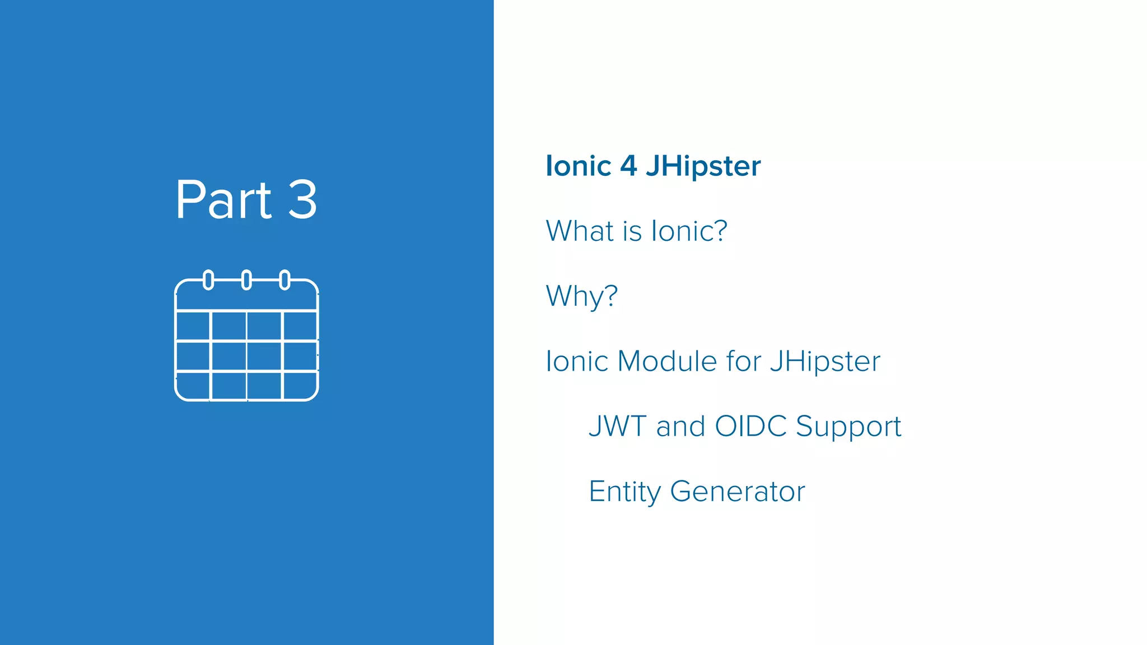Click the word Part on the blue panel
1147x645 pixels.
[x=223, y=200]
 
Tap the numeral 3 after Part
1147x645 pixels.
[x=302, y=200]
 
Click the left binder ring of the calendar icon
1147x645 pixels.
[x=208, y=279]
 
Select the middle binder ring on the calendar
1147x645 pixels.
[x=246, y=279]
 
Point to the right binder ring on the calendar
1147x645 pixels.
[x=285, y=279]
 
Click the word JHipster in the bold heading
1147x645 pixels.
[x=703, y=166]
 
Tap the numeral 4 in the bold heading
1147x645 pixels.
[x=628, y=166]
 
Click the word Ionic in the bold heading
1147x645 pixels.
[x=578, y=166]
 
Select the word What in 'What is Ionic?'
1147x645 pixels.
[x=580, y=231]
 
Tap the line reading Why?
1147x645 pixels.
[x=581, y=296]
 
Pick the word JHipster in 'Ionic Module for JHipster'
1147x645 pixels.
[x=825, y=361]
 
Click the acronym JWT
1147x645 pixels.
[x=617, y=426]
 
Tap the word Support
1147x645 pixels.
[x=848, y=427]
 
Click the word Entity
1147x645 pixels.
[x=624, y=492]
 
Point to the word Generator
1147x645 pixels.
[x=737, y=492]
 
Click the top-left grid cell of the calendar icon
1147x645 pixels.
[x=193, y=325]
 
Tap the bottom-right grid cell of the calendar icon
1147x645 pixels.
[x=300, y=385]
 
